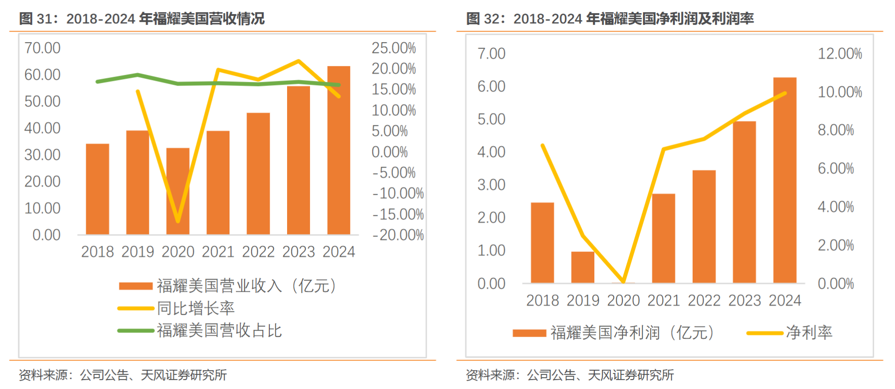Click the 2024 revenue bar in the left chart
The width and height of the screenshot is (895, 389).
(x=338, y=150)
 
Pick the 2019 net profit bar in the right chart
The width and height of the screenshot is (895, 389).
(x=583, y=267)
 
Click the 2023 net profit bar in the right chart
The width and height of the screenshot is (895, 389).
(x=744, y=202)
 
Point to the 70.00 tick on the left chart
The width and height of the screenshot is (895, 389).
(x=42, y=48)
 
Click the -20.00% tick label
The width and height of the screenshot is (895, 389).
(x=398, y=235)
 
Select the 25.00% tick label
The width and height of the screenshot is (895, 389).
(x=393, y=48)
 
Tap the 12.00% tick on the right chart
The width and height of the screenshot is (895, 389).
(x=840, y=53)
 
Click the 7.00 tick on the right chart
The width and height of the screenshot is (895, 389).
(x=491, y=53)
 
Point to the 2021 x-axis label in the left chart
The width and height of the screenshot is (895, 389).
(x=218, y=252)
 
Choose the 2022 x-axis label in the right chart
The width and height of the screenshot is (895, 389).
(x=704, y=301)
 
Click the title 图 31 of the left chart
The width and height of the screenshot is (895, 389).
(x=141, y=19)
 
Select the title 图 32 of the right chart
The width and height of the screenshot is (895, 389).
(x=610, y=19)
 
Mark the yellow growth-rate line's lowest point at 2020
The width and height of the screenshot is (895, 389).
(x=178, y=221)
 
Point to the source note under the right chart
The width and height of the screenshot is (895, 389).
(x=570, y=375)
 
